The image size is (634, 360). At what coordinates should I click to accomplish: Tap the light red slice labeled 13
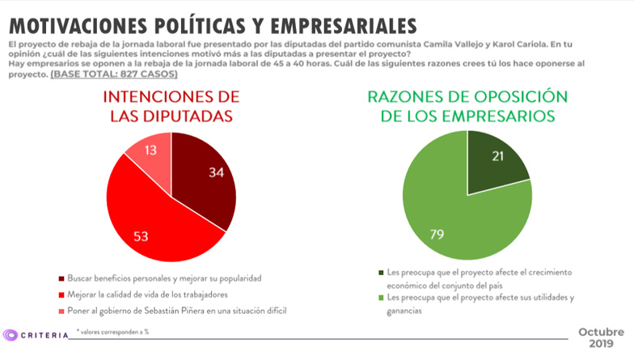coord(150,158)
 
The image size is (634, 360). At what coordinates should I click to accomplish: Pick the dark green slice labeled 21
coord(495,162)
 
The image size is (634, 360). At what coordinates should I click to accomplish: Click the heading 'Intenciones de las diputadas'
coord(171,106)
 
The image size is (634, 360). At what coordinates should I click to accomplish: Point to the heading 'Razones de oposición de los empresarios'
coord(467,106)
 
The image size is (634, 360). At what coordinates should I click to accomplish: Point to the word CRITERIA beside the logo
coord(44,334)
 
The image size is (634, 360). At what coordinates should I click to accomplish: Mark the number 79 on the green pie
coord(437,235)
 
